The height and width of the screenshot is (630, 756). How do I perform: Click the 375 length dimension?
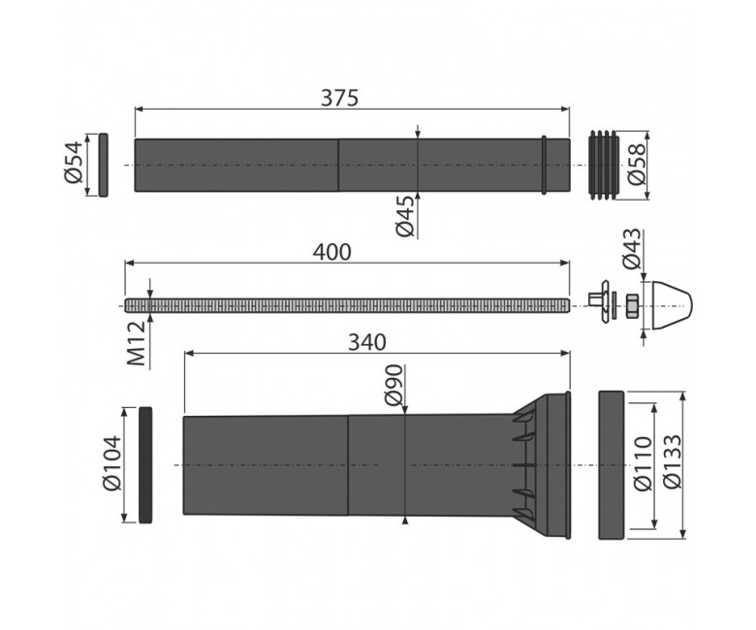pos(340,98)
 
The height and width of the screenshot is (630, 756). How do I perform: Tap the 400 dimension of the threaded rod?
pos(332,252)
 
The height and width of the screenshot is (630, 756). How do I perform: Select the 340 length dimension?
pos(367,342)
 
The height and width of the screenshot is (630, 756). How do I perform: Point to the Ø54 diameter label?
pos(74,162)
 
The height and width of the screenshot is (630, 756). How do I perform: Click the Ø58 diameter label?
pos(636,164)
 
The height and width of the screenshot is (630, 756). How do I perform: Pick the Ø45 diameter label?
pos(405,215)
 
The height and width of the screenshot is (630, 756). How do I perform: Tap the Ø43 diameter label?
pos(632,248)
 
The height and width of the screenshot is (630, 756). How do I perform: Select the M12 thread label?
pos(137,343)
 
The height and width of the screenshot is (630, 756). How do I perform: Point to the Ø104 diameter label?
pos(112,463)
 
